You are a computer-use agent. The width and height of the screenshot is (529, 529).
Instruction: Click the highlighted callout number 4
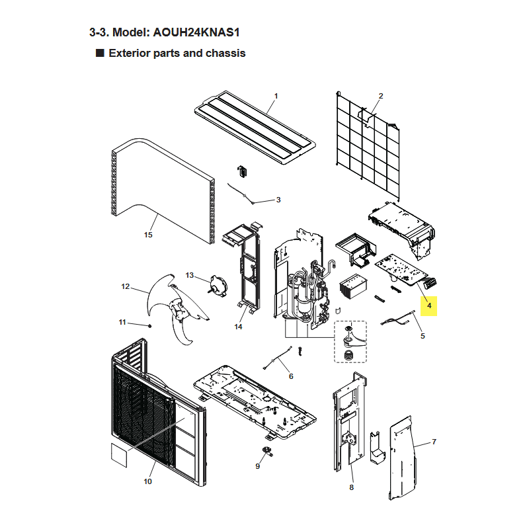tap(428, 305)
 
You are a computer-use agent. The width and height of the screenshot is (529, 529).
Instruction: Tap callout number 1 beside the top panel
tap(276, 96)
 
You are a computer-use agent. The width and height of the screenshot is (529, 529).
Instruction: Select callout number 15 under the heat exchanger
tap(148, 235)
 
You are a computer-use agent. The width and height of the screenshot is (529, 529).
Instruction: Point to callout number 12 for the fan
tap(125, 286)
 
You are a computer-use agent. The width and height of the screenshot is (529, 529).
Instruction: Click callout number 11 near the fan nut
tap(122, 322)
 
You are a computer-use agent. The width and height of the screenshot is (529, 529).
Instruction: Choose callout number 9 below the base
tap(257, 466)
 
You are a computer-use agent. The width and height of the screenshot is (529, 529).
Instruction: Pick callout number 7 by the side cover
tap(434, 442)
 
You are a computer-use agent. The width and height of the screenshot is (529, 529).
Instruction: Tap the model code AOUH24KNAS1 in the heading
tap(196, 32)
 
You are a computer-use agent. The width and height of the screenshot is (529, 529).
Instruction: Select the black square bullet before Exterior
tap(100, 53)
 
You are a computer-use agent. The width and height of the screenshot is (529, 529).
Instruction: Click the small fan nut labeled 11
tap(150, 326)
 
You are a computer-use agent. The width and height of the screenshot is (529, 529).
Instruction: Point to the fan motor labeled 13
tap(218, 286)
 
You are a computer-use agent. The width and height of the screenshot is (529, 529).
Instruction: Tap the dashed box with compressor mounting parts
tap(350, 342)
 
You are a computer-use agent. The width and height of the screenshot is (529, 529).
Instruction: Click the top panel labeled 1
tap(255, 128)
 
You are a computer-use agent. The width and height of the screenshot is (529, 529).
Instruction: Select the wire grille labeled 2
tap(368, 145)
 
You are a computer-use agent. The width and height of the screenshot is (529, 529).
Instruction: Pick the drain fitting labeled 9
tap(268, 451)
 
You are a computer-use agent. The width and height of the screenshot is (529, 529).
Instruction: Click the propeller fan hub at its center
tap(178, 309)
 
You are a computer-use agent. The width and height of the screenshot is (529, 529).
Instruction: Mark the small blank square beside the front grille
tap(119, 455)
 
